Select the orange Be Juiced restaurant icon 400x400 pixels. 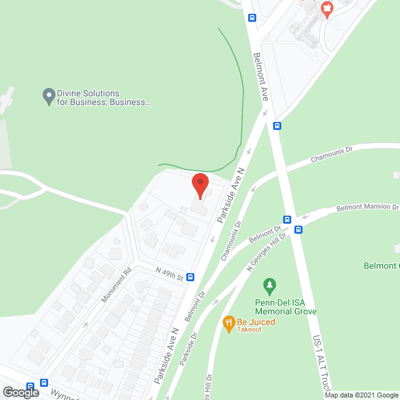click(x=228, y=322)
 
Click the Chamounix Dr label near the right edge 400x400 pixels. click(x=332, y=155)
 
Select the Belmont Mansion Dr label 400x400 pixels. click(x=367, y=207)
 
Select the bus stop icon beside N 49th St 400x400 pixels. click(x=190, y=277)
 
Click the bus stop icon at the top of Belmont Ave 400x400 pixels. click(x=252, y=18)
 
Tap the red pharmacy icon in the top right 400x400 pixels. click(x=325, y=9)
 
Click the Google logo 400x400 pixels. click(x=21, y=392)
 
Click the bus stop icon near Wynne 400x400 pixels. click(x=44, y=382)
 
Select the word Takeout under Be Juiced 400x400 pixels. click(x=249, y=329)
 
